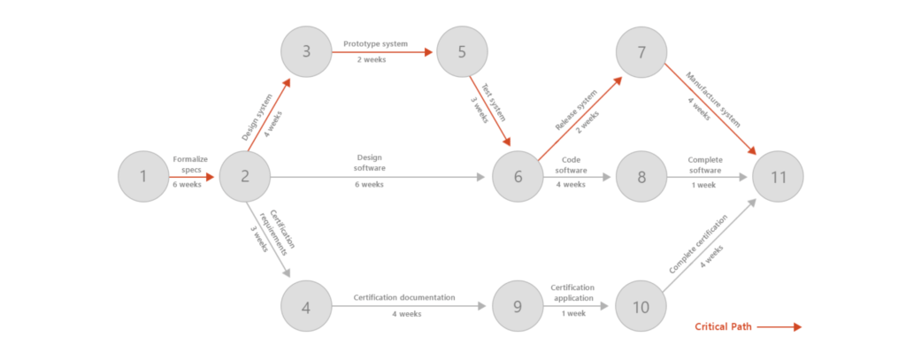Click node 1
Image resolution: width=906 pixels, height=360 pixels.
143,177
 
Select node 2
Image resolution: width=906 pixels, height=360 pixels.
245,177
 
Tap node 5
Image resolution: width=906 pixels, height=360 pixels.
462,51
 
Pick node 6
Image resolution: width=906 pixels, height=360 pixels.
518,177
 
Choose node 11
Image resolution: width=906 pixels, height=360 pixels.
778,177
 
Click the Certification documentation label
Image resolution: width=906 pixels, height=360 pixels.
404,297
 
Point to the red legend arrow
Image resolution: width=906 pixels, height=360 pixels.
779,327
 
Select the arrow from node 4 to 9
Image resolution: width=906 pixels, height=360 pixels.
407,307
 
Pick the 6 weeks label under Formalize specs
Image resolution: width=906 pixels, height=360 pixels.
186,185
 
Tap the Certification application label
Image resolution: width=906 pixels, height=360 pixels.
572,292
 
